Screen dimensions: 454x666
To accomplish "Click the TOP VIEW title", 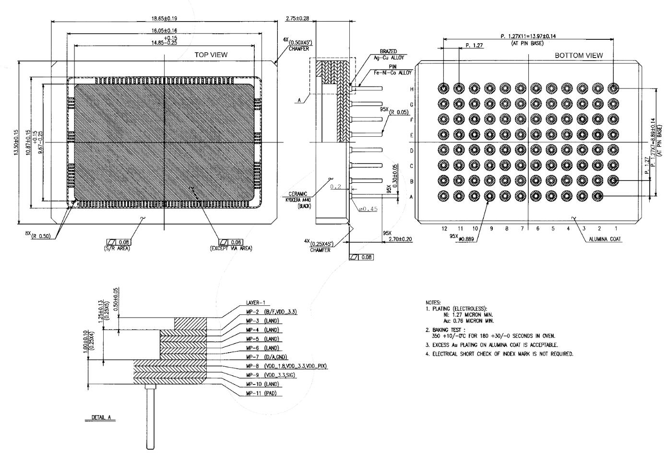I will point(211,55).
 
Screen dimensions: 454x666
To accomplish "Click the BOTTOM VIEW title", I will point(579,55).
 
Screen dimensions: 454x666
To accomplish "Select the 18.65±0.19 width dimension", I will point(164,18).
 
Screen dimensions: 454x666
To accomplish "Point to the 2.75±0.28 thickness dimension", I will point(297,18).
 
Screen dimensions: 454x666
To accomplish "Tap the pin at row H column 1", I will point(613,88).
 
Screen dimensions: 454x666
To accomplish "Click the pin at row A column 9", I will point(490,196).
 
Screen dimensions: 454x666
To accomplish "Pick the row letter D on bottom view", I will point(411,151).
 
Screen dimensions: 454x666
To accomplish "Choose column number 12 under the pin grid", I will point(444,228).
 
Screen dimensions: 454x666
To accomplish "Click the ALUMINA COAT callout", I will point(606,239).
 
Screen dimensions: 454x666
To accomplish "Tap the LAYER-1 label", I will point(255,303).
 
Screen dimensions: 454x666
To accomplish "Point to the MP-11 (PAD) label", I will point(264,394).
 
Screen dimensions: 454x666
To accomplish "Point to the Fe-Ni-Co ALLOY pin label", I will point(390,72).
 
